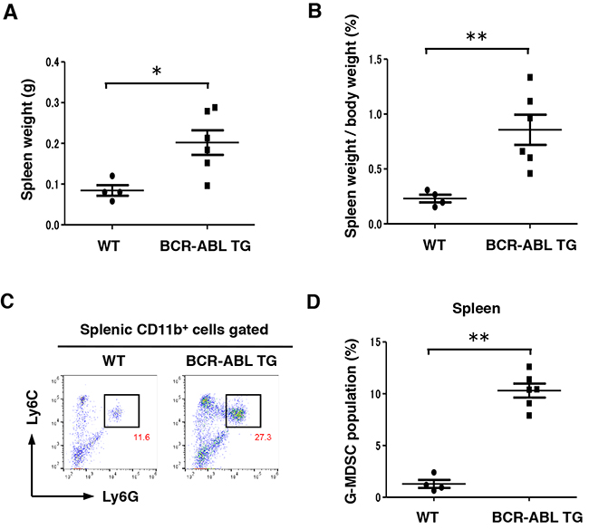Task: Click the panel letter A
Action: click(x=13, y=12)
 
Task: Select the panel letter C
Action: click(x=13, y=300)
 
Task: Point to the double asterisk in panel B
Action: click(x=477, y=38)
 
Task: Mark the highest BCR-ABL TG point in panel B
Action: click(x=529, y=77)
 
